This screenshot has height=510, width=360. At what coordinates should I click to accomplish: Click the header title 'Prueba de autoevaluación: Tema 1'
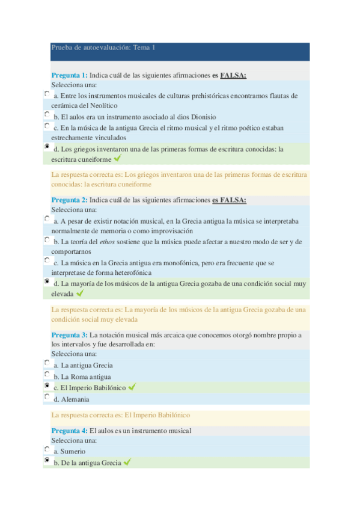pos(103,47)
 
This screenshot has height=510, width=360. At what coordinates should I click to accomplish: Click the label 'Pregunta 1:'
pos(69,75)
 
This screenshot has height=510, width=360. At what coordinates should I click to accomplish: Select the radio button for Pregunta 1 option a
pos(47,94)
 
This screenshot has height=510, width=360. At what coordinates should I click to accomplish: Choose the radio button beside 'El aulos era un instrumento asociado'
pos(47,114)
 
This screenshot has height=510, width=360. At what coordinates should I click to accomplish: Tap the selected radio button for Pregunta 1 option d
pos(47,146)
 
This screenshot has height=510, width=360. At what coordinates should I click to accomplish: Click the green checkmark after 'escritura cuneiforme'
pos(117,159)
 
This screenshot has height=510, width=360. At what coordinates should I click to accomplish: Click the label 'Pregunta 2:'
pos(69,200)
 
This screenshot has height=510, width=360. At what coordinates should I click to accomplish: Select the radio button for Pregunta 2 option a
pos(47,219)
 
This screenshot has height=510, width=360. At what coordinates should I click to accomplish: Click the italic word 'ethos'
pos(107,242)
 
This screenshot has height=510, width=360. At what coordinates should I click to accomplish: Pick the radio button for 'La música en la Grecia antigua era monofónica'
pos(47,260)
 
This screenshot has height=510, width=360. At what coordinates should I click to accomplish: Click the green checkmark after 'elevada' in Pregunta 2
pos(80,293)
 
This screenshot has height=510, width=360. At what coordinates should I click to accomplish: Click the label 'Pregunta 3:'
pos(69,334)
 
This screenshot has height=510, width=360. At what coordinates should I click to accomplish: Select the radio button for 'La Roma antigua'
pos(47,375)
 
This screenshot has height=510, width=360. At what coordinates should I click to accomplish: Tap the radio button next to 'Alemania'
pos(47,397)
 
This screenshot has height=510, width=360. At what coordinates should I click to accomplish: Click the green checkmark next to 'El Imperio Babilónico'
pos(132,387)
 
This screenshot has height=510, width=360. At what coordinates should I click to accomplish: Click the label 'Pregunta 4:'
pos(69,431)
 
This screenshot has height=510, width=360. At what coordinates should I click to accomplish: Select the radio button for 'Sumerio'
pos(47,449)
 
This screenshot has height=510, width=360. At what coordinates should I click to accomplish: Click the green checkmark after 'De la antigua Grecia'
pos(127,462)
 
